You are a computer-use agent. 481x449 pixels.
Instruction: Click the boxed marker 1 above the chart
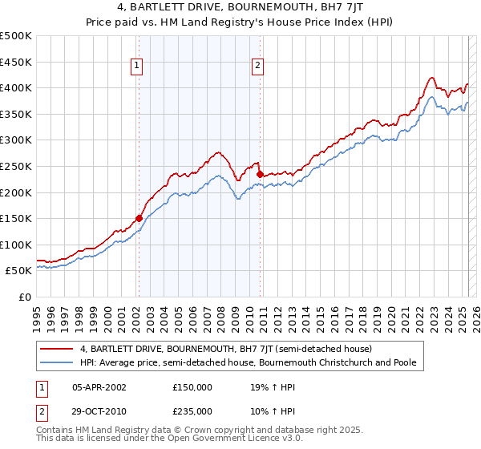tap(138, 67)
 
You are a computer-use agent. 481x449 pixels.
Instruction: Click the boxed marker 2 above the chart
tap(258, 67)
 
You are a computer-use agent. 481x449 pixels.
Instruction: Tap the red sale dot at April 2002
tap(139, 218)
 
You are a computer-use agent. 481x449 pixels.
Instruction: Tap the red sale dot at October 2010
tap(260, 173)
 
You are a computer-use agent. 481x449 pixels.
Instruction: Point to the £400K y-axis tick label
tap(16, 87)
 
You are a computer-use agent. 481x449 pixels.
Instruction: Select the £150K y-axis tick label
tap(16, 218)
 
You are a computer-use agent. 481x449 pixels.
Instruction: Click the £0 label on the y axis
tap(26, 297)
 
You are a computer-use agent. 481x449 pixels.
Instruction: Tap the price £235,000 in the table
tap(192, 411)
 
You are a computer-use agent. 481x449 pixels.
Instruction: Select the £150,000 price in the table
tap(192, 386)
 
